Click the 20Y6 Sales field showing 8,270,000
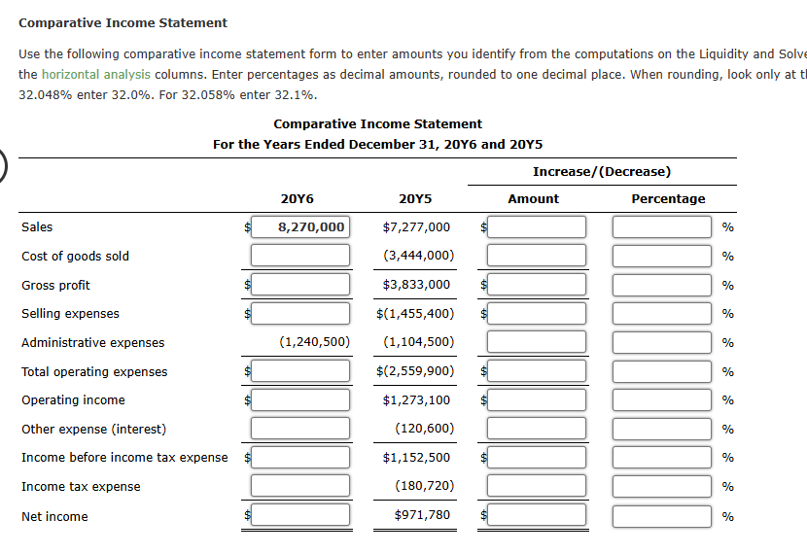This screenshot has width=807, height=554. click(x=300, y=227)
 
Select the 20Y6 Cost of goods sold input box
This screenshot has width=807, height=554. click(x=300, y=256)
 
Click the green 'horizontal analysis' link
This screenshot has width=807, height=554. click(x=96, y=75)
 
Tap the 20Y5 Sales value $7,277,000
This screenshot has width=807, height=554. click(x=416, y=227)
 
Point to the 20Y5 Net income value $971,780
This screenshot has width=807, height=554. click(x=422, y=515)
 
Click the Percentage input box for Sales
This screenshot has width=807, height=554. click(x=662, y=227)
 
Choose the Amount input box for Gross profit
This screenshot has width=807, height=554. click(x=537, y=285)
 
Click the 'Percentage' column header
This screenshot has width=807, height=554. click(x=668, y=199)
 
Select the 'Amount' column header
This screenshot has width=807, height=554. click(x=534, y=199)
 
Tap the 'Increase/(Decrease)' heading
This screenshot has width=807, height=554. click(x=602, y=172)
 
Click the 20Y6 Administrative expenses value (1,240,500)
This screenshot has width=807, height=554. click(x=314, y=342)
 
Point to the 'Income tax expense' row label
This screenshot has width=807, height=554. click(x=81, y=487)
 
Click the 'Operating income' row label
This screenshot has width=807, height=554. click(x=73, y=400)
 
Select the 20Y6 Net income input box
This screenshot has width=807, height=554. click(x=300, y=515)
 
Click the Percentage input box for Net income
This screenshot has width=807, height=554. click(x=662, y=515)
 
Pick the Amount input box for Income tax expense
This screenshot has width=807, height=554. click(x=537, y=486)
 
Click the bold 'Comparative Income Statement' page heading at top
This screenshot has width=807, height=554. click(x=123, y=22)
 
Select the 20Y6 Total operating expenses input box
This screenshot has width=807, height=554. click(x=300, y=371)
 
